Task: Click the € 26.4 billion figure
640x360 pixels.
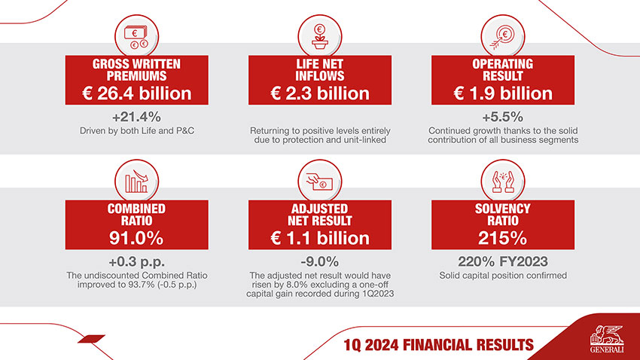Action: point(137,93)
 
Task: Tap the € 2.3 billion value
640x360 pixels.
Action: point(320,93)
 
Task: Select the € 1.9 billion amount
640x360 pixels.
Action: point(502,93)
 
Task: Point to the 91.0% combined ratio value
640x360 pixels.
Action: point(137,238)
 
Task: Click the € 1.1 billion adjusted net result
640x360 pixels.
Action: point(320,238)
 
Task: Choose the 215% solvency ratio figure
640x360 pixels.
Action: point(502,238)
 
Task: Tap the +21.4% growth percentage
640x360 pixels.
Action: point(137,117)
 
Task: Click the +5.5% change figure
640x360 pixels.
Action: point(502,117)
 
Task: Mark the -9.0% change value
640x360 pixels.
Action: point(320,262)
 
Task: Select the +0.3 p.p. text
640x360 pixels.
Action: point(137,262)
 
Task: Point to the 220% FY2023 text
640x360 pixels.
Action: point(502,262)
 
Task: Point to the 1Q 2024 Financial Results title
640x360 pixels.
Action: point(437,345)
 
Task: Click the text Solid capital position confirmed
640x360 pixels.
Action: point(502,276)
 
